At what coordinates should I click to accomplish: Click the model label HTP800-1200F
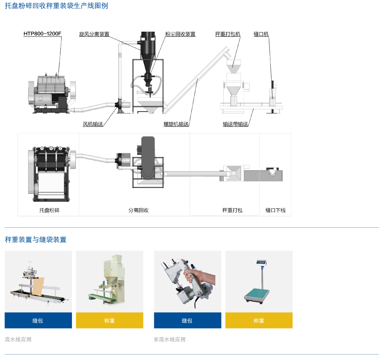(42, 34)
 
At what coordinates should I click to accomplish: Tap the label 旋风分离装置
(94, 34)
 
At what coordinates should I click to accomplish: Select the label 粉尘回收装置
(180, 34)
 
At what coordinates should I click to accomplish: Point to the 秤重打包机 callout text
(228, 34)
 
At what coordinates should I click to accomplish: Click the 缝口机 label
(261, 34)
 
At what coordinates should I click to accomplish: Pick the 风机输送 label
(93, 124)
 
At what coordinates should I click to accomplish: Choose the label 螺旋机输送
(176, 124)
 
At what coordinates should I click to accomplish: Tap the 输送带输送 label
(236, 124)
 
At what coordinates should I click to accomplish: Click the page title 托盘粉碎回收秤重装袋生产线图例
(56, 6)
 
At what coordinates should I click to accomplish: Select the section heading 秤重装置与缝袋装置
(36, 240)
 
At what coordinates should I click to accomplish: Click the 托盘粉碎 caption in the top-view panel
(49, 210)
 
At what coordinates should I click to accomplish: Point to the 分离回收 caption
(138, 210)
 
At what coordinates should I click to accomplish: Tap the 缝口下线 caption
(275, 210)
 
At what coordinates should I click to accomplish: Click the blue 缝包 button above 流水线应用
(38, 320)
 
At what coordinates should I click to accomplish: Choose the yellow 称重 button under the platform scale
(259, 320)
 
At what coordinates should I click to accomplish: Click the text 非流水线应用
(169, 339)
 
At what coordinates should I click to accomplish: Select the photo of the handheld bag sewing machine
(187, 281)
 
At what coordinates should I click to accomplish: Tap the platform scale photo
(259, 281)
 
